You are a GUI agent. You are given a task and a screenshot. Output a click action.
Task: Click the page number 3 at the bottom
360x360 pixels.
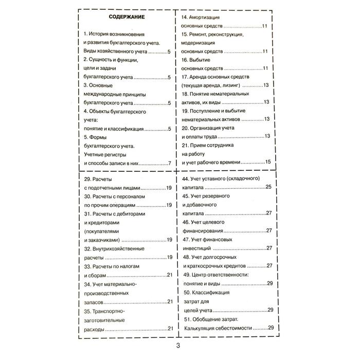[x=178, y=345]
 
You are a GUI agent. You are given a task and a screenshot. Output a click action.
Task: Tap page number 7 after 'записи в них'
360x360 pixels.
[x=169, y=164]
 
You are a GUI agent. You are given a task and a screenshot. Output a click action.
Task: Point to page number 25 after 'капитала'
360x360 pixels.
[x=268, y=187]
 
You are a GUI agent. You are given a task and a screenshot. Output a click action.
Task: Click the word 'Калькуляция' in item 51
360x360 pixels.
[x=202, y=328]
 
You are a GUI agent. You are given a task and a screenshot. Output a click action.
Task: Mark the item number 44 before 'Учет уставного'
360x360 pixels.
[x=186, y=178]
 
